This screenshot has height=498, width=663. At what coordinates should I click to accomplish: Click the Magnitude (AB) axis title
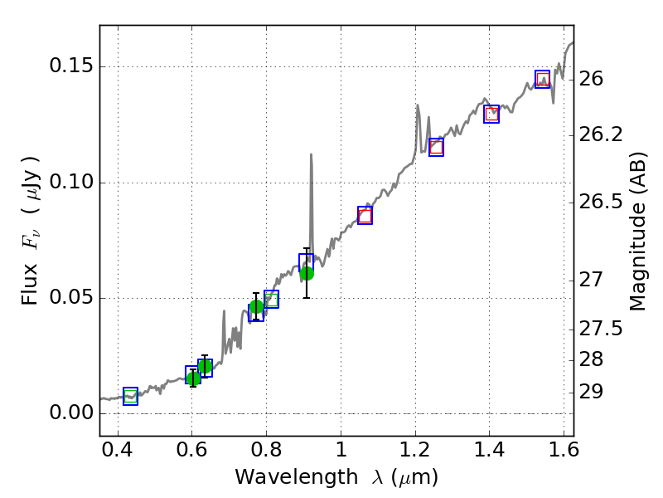point(637,231)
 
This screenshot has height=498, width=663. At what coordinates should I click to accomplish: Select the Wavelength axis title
point(336,477)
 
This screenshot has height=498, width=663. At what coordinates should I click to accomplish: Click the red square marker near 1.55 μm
point(543,80)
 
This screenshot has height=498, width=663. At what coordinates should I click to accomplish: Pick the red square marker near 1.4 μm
point(491,115)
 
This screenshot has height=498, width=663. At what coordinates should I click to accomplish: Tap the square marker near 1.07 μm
point(365,215)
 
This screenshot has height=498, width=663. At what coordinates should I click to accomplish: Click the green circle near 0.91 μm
point(307,273)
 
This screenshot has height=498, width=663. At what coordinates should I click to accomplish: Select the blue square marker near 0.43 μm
point(130,397)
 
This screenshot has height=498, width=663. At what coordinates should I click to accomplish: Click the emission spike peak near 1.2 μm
point(417,105)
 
